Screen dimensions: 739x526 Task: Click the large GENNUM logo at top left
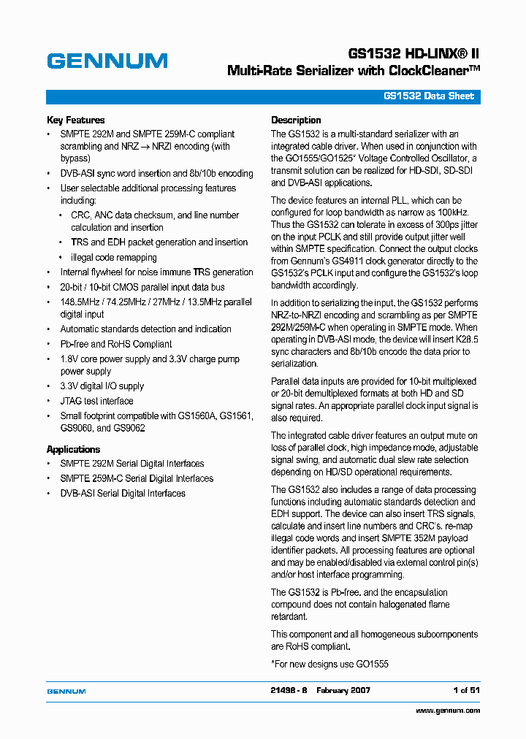[107, 61]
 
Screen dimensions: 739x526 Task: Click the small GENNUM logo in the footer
[66, 691]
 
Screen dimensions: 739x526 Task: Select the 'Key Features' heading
[75, 120]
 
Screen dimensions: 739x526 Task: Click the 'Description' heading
[296, 120]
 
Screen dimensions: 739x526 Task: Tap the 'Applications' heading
[73, 449]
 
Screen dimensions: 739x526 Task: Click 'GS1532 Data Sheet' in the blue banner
[429, 96]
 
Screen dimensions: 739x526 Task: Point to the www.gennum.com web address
[448, 710]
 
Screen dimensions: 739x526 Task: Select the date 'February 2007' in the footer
[343, 690]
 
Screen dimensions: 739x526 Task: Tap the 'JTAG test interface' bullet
[96, 401]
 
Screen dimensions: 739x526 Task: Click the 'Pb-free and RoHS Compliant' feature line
[116, 344]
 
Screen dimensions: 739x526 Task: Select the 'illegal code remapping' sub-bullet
[113, 257]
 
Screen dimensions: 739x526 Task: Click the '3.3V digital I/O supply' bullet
[102, 386]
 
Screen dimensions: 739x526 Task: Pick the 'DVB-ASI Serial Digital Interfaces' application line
[123, 493]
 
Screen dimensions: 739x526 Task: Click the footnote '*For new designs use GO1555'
[329, 664]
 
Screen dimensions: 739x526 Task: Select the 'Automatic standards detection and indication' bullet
[145, 329]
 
